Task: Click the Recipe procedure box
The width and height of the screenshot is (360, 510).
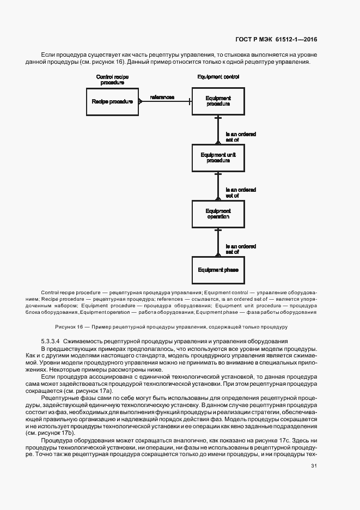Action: (113, 101)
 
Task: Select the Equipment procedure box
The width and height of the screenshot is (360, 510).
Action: (218, 101)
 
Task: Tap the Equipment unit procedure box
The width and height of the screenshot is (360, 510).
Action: (218, 157)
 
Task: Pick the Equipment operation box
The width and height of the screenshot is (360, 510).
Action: (218, 214)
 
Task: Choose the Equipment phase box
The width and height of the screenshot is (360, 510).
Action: (218, 270)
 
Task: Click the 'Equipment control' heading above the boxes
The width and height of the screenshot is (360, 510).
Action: (218, 77)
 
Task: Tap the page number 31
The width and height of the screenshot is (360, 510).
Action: (314, 465)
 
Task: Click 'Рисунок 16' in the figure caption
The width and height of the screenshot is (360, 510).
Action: (68, 326)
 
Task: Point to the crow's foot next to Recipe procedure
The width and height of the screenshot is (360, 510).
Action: (140, 101)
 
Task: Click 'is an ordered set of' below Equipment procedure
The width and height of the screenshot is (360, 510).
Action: (241, 136)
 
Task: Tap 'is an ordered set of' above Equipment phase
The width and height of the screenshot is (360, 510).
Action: (241, 249)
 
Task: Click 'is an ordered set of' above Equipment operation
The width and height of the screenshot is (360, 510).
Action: (241, 192)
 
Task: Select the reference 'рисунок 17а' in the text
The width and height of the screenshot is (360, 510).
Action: (97, 391)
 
